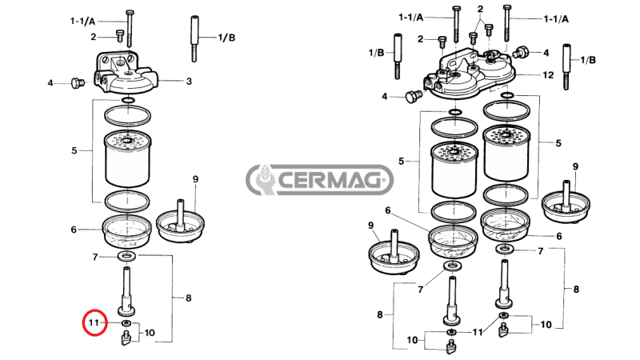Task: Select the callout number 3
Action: (189, 81)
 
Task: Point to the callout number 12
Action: (548, 75)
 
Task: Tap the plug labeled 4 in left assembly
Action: (78, 82)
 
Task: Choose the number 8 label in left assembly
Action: (188, 298)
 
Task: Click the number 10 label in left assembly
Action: (150, 332)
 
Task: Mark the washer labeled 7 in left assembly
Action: (126, 257)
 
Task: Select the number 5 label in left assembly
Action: (74, 150)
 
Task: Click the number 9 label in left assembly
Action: (194, 178)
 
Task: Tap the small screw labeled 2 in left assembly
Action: (120, 36)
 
